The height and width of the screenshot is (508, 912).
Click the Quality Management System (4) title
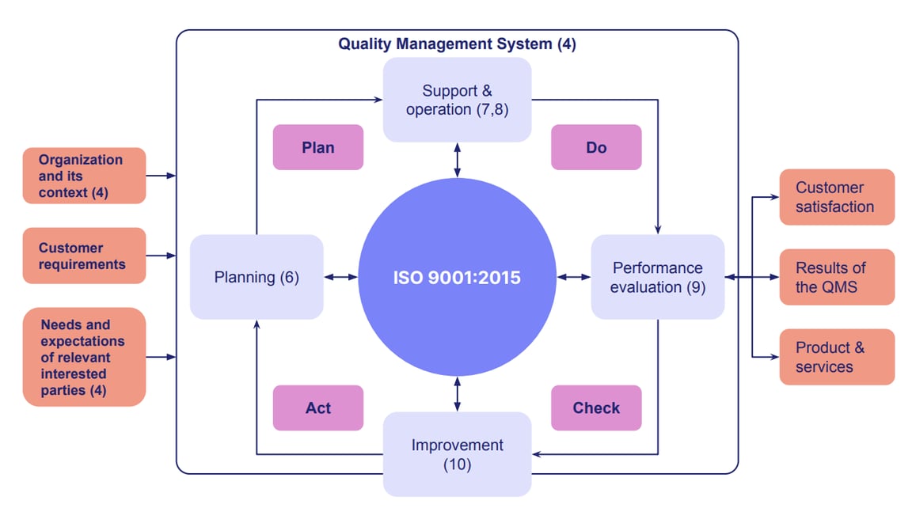click(457, 44)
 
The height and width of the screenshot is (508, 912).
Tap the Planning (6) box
click(256, 278)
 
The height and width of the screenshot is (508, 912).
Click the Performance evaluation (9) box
click(657, 278)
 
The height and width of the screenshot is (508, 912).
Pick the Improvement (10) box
click(457, 454)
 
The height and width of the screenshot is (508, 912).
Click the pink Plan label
click(317, 147)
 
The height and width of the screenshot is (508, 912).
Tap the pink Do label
click(595, 147)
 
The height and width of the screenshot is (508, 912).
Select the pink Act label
click(317, 408)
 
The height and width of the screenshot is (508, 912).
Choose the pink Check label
click(595, 408)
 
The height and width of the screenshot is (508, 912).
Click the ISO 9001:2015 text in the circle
click(457, 278)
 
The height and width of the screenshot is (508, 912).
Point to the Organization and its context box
click(84, 176)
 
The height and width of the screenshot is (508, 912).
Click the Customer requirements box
click(84, 256)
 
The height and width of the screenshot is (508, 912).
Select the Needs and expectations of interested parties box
click(84, 357)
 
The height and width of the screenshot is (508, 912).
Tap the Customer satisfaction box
click(836, 197)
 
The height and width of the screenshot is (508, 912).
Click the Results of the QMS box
click(836, 277)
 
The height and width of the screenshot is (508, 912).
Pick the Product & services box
click(836, 357)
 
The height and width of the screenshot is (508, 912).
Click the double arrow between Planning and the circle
click(340, 277)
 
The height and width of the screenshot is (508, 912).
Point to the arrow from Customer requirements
click(161, 256)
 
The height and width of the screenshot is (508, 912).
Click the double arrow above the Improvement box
click(457, 394)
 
